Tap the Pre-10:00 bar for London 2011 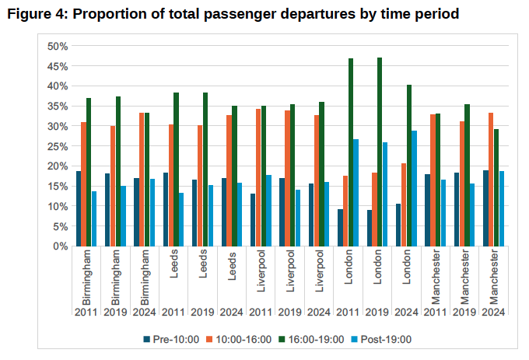(341, 227)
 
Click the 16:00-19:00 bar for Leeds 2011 (177, 169)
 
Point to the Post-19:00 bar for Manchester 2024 (502, 208)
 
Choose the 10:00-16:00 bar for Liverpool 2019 (288, 178)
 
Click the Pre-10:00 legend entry (171, 339)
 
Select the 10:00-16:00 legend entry (240, 339)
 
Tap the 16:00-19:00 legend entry (311, 339)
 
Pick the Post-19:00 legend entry (380, 339)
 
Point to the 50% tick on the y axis (58, 46)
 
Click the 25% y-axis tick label (58, 146)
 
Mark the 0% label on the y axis (61, 246)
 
